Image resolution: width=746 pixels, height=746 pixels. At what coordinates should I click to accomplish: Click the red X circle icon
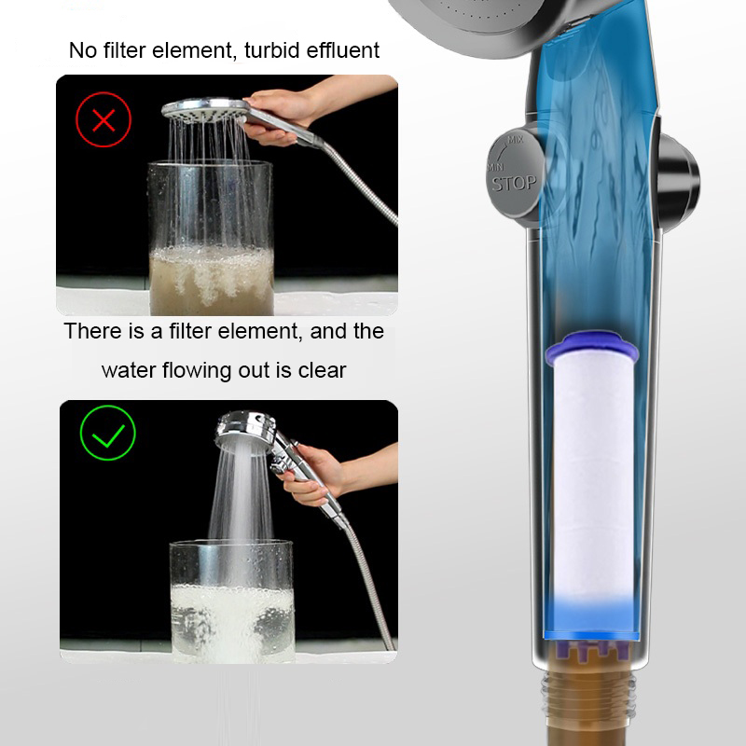[104, 119]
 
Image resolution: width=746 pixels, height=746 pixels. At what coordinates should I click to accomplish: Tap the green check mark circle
[108, 433]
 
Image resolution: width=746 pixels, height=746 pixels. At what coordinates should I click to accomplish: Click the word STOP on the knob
[514, 183]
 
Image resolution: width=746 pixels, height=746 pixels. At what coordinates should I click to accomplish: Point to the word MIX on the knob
[516, 140]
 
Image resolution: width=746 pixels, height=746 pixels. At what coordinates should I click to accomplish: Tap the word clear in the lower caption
[322, 370]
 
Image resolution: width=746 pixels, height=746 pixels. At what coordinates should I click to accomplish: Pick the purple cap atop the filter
[591, 346]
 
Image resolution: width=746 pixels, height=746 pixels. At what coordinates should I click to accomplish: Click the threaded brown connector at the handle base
[588, 695]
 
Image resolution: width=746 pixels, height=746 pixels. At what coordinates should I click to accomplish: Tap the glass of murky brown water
[211, 238]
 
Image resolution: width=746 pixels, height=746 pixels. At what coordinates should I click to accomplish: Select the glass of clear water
[232, 601]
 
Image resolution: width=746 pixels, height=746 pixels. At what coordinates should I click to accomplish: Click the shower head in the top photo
[205, 109]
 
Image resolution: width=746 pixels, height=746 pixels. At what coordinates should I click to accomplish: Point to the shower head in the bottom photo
[246, 430]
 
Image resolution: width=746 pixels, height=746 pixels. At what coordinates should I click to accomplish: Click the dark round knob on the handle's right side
[679, 182]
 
